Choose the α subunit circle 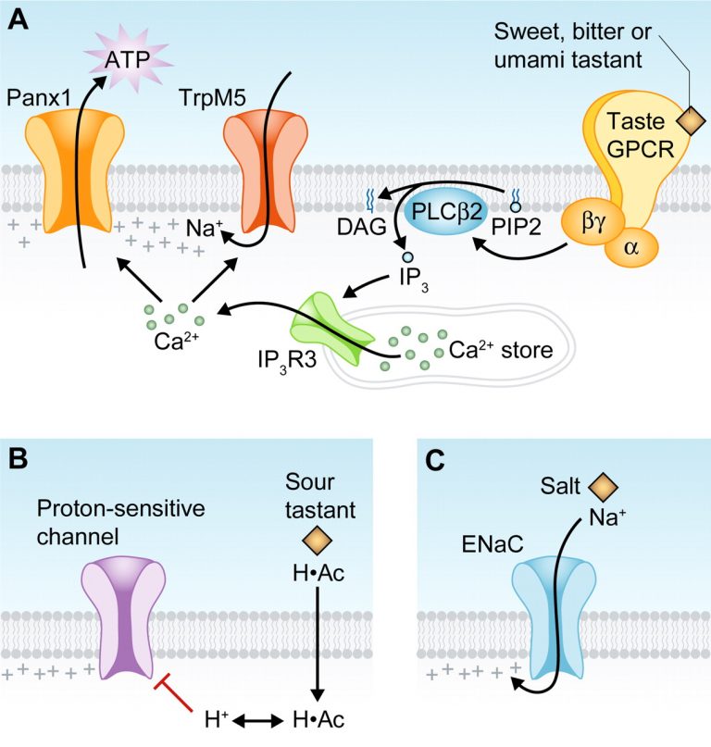pyautogui.click(x=632, y=245)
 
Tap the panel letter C pyautogui.click(x=435, y=458)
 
